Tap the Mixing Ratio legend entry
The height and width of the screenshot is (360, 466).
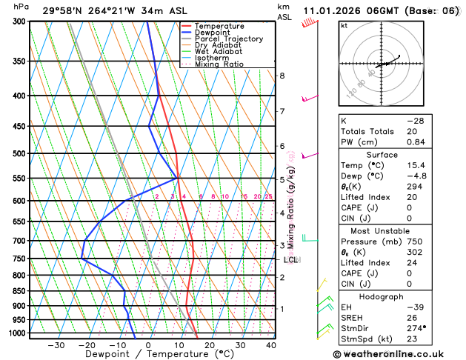[219, 64]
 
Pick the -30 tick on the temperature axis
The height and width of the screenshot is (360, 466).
[56, 345]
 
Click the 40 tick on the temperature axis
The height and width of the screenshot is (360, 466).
[271, 345]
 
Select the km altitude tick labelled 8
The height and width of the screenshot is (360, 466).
[282, 76]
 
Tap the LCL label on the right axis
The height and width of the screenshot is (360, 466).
[290, 260]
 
